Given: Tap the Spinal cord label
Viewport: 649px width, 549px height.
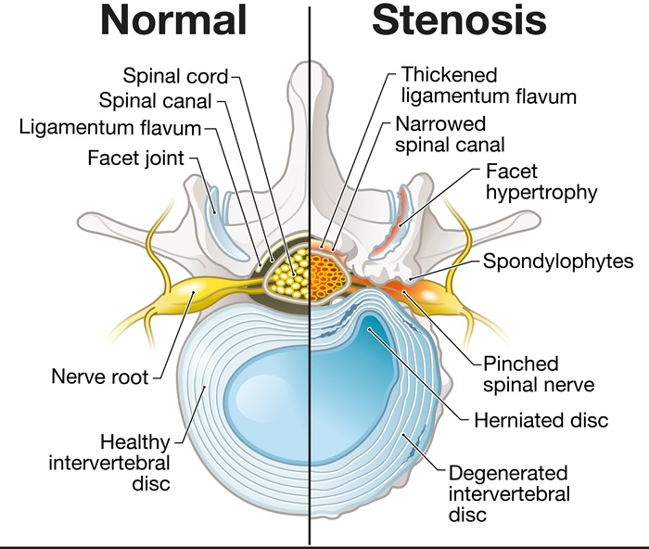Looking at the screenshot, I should point(176,74).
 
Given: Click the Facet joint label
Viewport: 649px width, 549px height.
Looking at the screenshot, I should point(135,158).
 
